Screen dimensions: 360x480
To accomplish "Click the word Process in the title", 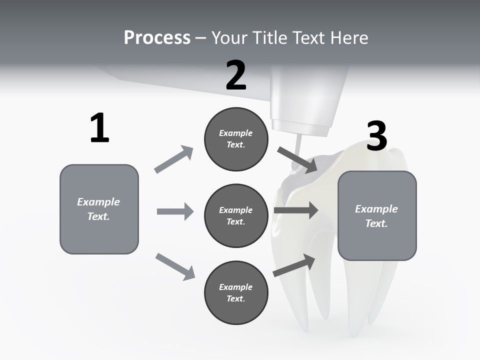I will tap(157, 38).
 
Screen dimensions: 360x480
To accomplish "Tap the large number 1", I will tap(99, 128).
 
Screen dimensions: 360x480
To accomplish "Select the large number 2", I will tap(236, 75).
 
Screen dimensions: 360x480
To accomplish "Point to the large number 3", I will tap(376, 136).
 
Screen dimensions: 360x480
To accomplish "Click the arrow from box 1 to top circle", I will tap(174, 159).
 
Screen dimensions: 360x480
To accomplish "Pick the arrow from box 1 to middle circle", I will tap(175, 211).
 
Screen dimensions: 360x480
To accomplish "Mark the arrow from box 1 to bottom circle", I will tap(175, 266).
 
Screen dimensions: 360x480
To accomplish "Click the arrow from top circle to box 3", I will tap(297, 160).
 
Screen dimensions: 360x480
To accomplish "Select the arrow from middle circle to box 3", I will tap(296, 210).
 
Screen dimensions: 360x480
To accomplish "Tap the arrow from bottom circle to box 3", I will tap(294, 265).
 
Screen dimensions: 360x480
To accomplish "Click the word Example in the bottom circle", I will tap(235, 287).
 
